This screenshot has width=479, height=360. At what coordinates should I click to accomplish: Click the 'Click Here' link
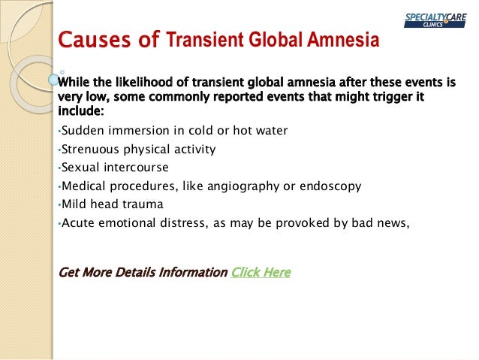[261, 272]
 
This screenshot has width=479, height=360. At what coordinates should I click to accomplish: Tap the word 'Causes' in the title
[90, 40]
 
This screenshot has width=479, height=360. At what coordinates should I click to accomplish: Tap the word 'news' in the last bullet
[393, 222]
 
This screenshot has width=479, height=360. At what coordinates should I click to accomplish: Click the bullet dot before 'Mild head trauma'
[59, 204]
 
